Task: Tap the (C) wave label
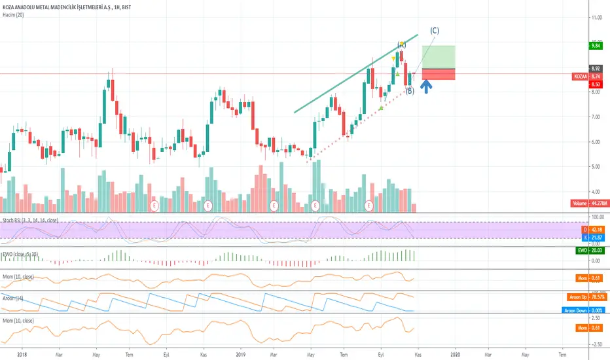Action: coord(434,30)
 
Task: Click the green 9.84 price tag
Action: coord(596,46)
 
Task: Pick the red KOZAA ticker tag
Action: coord(580,77)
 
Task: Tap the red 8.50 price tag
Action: coord(596,84)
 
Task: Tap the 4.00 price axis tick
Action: coord(595,191)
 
